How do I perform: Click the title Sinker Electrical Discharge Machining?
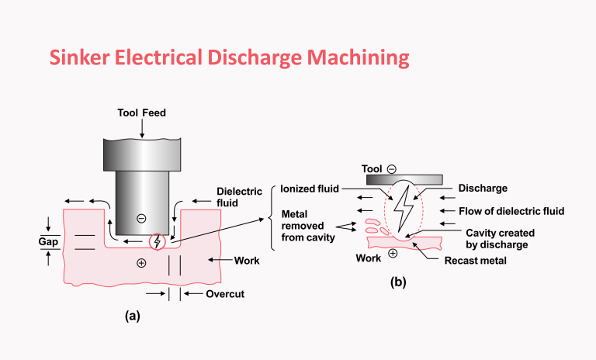pyautogui.click(x=229, y=57)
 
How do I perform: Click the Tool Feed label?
pyautogui.click(x=141, y=113)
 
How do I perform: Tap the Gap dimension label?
pyautogui.click(x=49, y=241)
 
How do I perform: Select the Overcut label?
pyautogui.click(x=226, y=295)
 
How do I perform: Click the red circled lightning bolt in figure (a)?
pyautogui.click(x=158, y=241)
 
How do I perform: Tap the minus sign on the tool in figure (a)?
pyautogui.click(x=141, y=218)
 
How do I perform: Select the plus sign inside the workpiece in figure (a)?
pyautogui.click(x=141, y=264)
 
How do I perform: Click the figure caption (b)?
pyautogui.click(x=398, y=283)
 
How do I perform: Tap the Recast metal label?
pyautogui.click(x=475, y=261)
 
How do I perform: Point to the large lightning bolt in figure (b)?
pyautogui.click(x=404, y=211)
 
